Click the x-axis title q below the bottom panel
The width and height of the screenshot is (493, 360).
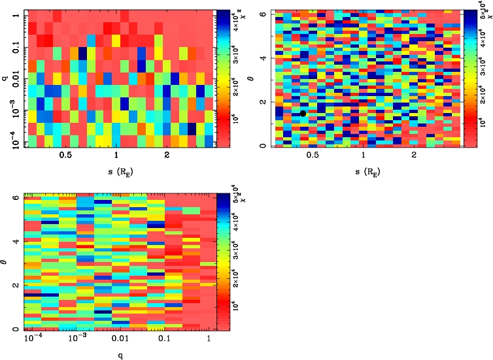click(116, 354)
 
